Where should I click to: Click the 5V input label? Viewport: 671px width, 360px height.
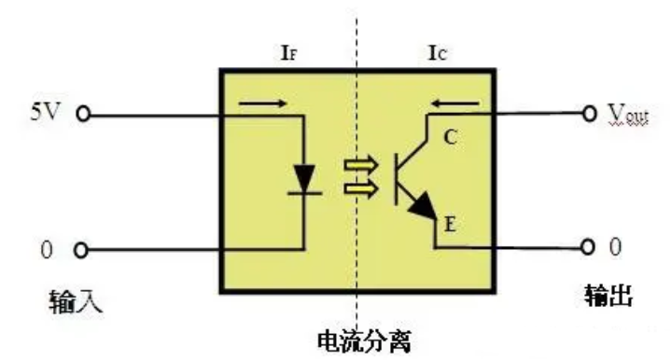45,115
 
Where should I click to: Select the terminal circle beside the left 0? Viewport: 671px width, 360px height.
82,250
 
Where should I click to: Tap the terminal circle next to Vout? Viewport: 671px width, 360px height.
589,114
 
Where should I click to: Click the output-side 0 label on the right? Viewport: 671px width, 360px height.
614,246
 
